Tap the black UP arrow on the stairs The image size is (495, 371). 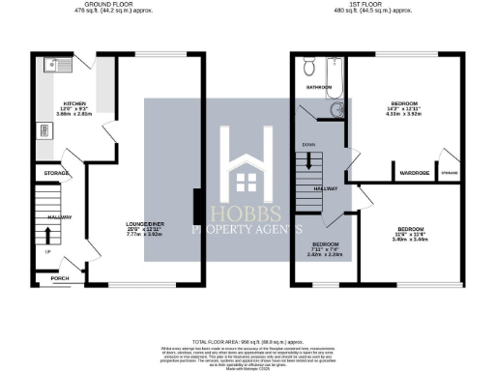tap(49, 234)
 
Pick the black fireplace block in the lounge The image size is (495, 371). tap(197, 206)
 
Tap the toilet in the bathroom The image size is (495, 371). tap(307, 67)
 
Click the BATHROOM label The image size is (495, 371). tap(320, 87)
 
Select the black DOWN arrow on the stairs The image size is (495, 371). tap(309, 161)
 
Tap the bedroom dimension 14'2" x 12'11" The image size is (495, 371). tap(403, 108)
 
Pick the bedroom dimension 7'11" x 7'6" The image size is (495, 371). tap(325, 250)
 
